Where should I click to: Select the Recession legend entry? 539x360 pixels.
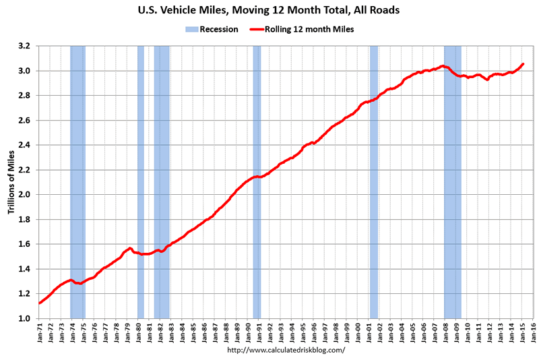coord(211,29)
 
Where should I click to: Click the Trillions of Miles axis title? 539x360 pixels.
coord(11,182)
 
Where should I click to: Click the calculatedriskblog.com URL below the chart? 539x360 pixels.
coord(286,350)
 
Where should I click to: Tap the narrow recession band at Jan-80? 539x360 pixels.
coord(141,182)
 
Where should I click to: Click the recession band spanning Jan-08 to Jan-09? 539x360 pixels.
coord(453,182)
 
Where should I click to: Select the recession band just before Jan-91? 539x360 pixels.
coord(257,182)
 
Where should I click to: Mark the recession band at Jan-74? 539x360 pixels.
coord(77,182)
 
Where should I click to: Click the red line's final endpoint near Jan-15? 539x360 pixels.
coord(523,64)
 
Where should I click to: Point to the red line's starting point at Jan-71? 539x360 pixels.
coord(40,303)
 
